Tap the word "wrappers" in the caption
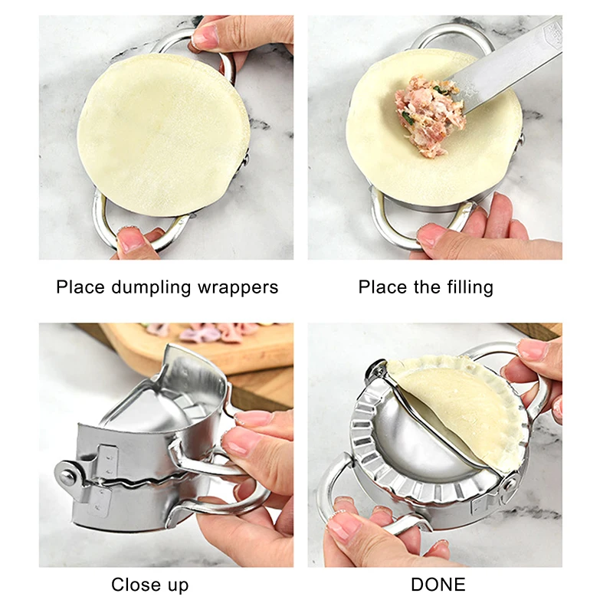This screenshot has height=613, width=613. pyautogui.click(x=236, y=288)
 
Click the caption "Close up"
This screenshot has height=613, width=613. pyautogui.click(x=149, y=585)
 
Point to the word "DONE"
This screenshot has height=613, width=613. pyautogui.click(x=438, y=585)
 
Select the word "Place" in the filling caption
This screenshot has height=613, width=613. pyautogui.click(x=382, y=287)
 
